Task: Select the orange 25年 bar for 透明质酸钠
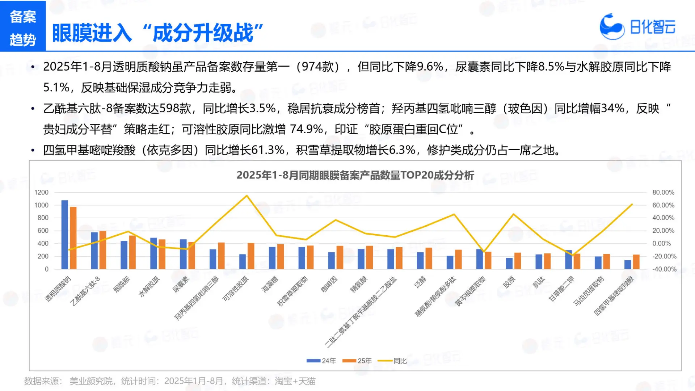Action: (73, 238)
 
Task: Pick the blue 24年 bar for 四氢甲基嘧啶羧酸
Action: (628, 264)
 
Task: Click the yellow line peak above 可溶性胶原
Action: (247, 196)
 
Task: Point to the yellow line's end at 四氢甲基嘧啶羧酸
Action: (632, 205)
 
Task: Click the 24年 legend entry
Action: (321, 361)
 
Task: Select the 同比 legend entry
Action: (392, 361)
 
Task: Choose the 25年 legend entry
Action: (357, 361)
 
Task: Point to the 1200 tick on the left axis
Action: (41, 192)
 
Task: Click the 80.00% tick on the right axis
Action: (663, 192)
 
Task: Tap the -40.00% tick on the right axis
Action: (664, 269)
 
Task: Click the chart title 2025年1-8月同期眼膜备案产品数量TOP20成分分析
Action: (355, 175)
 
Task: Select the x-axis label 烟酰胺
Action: (122, 285)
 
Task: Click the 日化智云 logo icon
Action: (611, 26)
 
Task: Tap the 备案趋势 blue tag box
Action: (23, 26)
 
